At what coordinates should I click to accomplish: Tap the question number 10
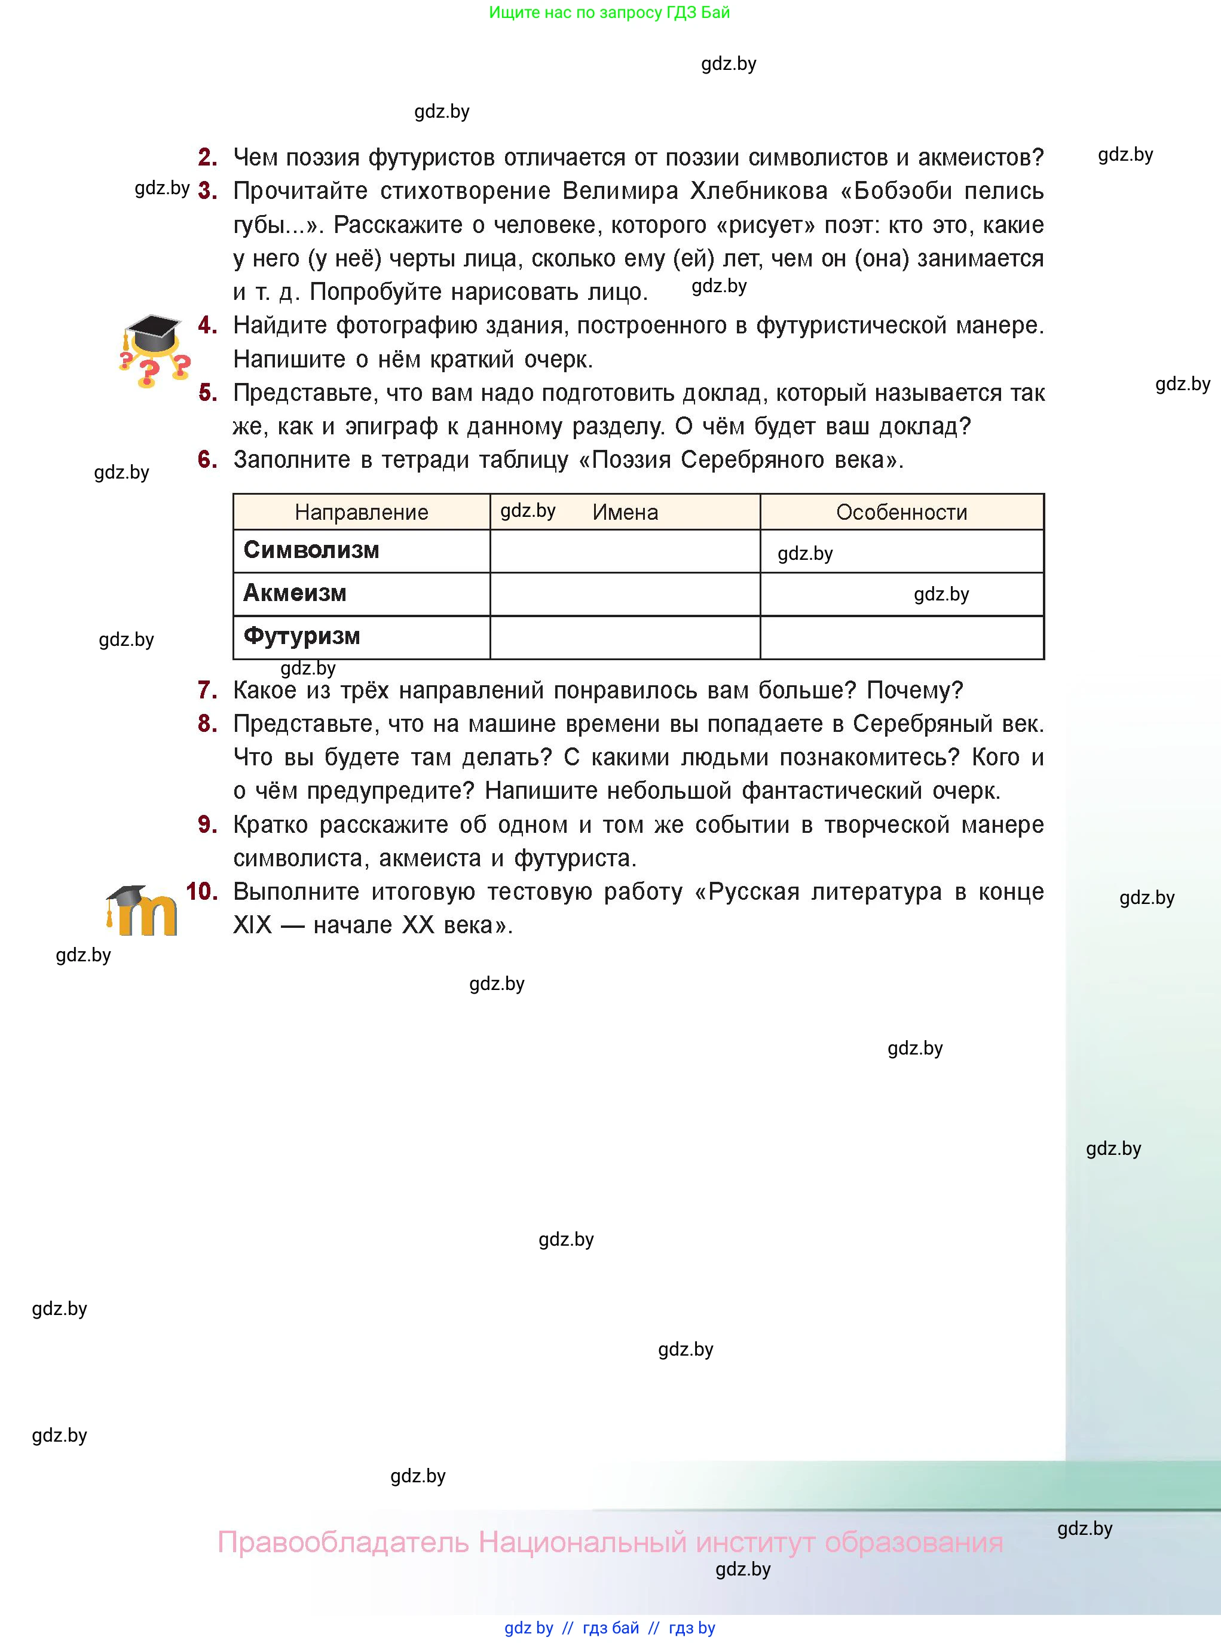[x=201, y=891]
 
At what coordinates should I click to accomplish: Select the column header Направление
[x=362, y=512]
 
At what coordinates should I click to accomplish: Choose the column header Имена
[x=625, y=512]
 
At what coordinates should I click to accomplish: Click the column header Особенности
[x=901, y=512]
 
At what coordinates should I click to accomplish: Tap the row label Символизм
[x=311, y=550]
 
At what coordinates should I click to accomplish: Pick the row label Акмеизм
[x=295, y=593]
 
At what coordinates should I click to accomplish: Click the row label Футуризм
[x=302, y=636]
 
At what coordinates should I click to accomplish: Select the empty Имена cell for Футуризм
[x=625, y=637]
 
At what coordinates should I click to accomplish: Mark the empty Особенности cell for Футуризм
[x=901, y=637]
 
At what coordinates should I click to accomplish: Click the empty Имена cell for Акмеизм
[x=625, y=594]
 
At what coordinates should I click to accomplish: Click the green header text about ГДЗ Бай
[x=609, y=13]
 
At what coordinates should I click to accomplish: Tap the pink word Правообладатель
[x=343, y=1543]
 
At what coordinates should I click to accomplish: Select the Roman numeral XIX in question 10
[x=252, y=925]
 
